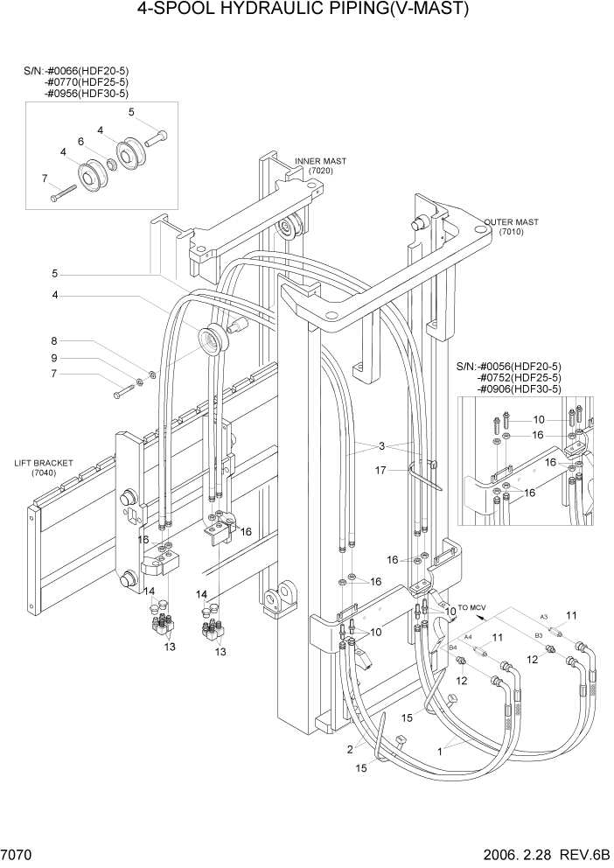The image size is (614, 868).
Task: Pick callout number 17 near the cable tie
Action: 380,471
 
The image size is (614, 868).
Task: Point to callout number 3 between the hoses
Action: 381,445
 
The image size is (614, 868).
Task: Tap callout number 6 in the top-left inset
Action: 80,142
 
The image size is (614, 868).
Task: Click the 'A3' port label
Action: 543,617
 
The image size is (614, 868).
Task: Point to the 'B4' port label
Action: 453,647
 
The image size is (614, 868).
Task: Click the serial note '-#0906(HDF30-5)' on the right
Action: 519,388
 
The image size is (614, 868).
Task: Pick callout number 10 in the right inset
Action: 539,420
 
